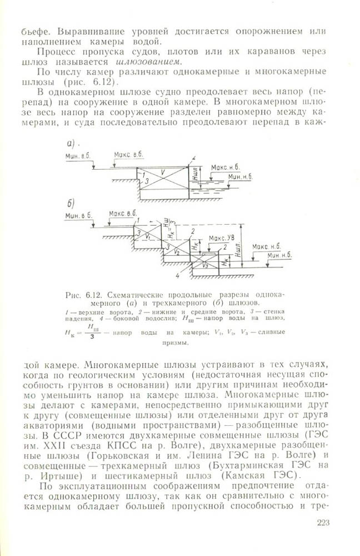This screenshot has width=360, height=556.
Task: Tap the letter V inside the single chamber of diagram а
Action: (162, 173)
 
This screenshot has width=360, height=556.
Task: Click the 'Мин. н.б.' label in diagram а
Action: (241, 176)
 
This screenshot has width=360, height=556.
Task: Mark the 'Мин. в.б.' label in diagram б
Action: (78, 216)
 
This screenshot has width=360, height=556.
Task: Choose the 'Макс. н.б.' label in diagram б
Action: (266, 245)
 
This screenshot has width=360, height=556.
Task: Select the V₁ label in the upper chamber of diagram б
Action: (147, 236)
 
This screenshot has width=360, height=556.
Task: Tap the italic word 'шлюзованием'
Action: (149, 61)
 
